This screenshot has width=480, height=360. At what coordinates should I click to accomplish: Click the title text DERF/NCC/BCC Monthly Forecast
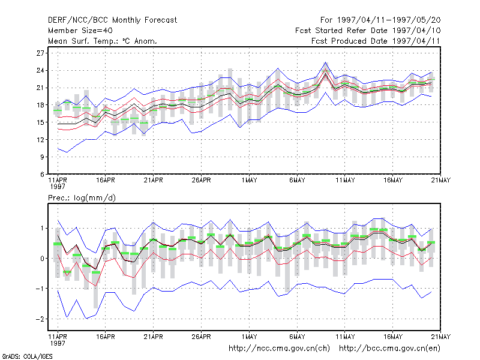click(x=112, y=20)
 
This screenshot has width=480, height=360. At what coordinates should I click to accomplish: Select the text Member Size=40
click(x=80, y=31)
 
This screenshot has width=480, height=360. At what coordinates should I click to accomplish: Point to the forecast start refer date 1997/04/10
click(x=416, y=31)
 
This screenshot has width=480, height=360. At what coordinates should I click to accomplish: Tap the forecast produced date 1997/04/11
click(x=416, y=41)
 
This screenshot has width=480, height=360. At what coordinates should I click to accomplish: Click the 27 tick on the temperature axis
click(x=40, y=53)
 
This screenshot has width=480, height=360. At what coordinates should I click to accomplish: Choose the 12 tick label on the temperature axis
click(x=40, y=140)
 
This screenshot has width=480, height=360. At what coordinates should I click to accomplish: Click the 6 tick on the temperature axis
click(x=42, y=174)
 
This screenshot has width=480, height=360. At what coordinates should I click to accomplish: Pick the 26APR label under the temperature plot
click(x=201, y=181)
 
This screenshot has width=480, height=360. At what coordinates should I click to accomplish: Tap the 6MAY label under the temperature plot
click(x=297, y=181)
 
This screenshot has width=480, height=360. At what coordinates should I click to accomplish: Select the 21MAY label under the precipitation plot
click(x=440, y=337)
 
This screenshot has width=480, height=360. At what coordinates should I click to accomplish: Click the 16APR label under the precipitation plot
click(x=106, y=337)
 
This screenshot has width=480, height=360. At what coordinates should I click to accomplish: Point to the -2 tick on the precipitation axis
click(x=40, y=319)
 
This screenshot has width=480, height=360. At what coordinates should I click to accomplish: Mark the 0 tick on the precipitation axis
click(x=42, y=259)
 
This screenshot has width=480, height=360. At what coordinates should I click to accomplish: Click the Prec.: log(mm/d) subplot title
click(x=82, y=198)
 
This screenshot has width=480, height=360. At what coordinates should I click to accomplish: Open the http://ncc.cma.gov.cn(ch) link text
click(x=279, y=349)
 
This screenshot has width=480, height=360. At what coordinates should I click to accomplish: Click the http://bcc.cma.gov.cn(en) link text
click(x=389, y=349)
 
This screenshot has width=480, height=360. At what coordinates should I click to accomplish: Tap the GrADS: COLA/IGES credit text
click(x=27, y=356)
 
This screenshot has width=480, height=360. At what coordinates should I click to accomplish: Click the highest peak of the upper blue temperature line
click(x=326, y=62)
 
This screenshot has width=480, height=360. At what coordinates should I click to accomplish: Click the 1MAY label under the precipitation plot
click(x=249, y=337)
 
